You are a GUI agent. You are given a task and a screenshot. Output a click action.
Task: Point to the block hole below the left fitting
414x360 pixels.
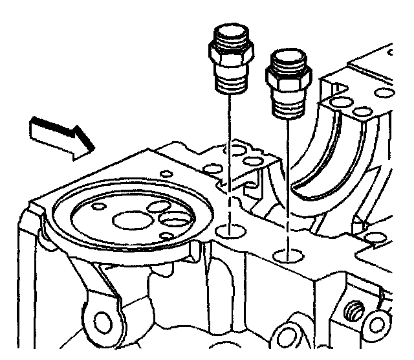click(228, 231)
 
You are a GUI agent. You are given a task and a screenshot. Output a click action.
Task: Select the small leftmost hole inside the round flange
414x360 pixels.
click(98, 207)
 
